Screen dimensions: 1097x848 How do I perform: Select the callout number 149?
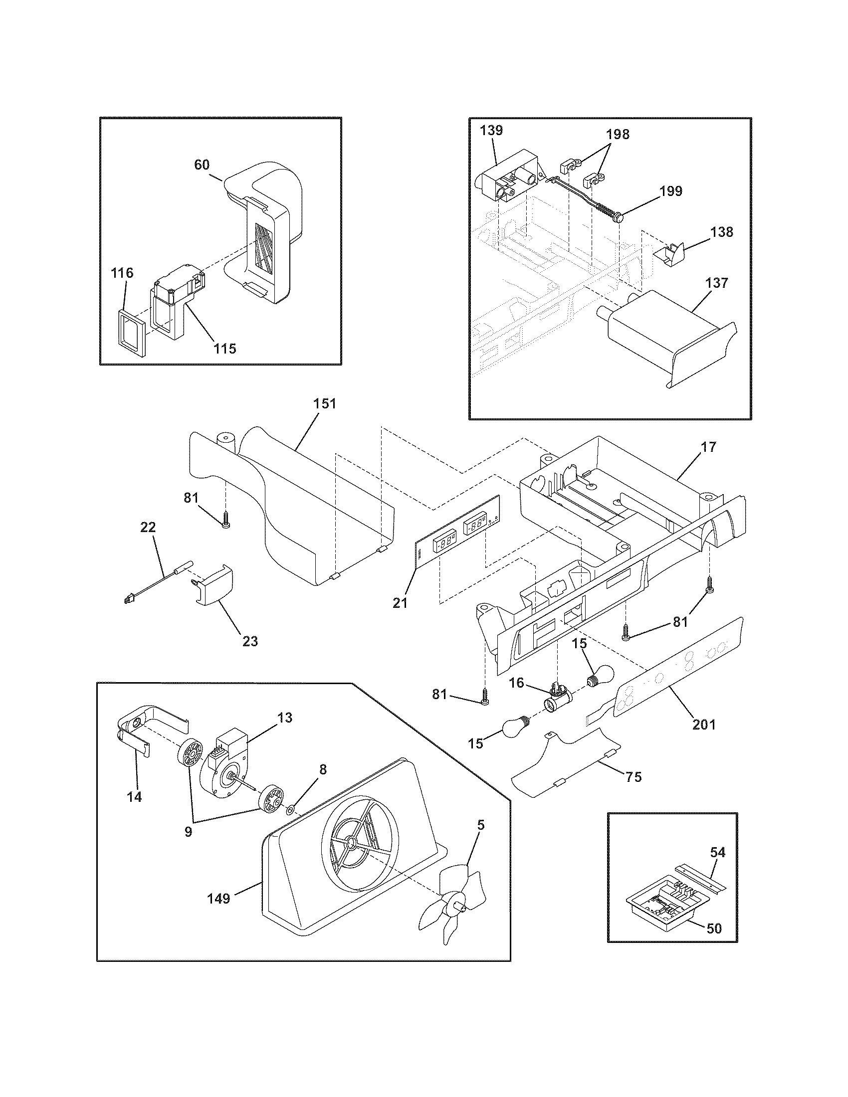tap(219, 898)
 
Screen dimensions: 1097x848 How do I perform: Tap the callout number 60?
tap(202, 165)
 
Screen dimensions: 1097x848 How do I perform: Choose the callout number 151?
tap(325, 403)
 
